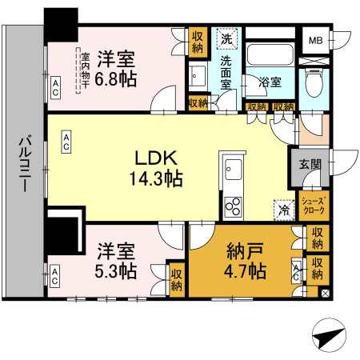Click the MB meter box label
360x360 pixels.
click(x=316, y=41)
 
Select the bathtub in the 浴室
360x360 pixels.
click(x=270, y=54)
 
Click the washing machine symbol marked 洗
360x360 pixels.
click(x=226, y=39)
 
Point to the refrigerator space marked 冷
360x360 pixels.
click(x=284, y=210)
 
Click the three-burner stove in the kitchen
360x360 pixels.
click(x=234, y=206)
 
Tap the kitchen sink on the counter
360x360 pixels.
click(x=234, y=170)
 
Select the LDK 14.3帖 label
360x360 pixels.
click(x=156, y=168)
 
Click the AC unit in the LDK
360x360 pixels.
click(x=66, y=142)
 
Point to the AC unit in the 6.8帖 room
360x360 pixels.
click(x=55, y=88)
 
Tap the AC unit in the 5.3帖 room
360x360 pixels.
click(x=55, y=276)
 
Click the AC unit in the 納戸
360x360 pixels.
click(x=296, y=270)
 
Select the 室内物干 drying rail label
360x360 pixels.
click(x=86, y=70)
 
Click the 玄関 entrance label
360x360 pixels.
click(x=310, y=164)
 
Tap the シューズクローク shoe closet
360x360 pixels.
click(x=314, y=206)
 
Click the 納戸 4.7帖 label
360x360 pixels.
click(x=245, y=261)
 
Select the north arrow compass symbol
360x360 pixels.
click(x=329, y=334)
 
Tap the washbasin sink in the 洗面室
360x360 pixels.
click(x=198, y=76)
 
